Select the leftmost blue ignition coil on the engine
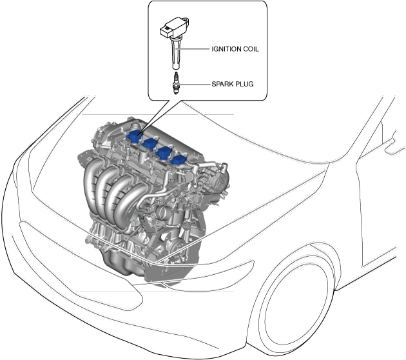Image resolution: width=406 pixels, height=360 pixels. click(x=135, y=135)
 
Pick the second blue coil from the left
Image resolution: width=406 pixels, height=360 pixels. click(x=151, y=143)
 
